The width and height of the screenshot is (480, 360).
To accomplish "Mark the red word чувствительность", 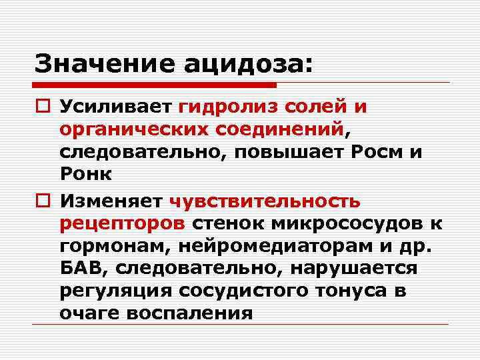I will tap(265, 200).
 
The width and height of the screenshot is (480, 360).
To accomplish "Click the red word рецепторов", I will tap(123, 222).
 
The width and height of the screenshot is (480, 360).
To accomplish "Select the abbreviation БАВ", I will tap(77, 267).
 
